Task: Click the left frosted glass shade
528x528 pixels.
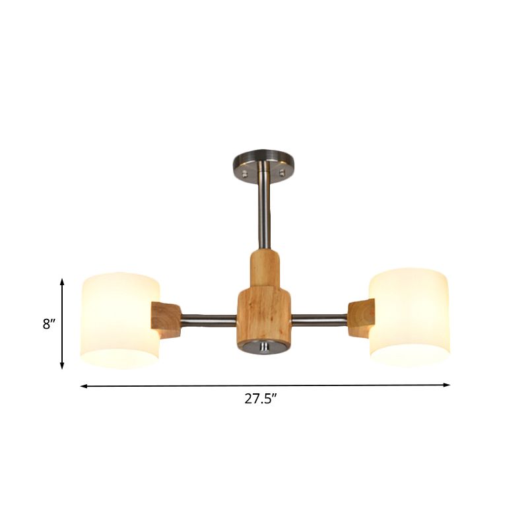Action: pos(119,320)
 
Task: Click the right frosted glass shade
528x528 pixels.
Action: pos(409,317)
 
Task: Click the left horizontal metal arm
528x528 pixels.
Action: pos(208,321)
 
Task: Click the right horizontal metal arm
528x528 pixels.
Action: pos(320,321)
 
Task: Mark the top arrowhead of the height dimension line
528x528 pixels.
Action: pos(62,282)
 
